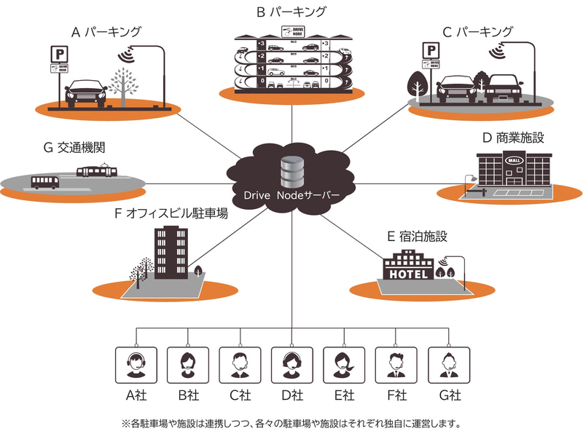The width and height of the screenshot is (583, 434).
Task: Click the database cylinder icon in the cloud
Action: pos(291,173)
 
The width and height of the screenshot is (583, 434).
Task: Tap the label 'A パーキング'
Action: pos(106,32)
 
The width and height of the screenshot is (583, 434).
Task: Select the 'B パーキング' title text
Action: pos(291,12)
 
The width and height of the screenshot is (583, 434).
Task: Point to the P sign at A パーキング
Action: pos(55,52)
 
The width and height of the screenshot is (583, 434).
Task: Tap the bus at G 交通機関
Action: pos(45,182)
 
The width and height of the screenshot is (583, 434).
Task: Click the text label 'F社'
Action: pos(396,396)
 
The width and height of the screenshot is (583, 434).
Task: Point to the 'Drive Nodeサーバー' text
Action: pos(291,198)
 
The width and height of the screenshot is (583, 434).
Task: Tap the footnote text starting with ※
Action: pos(291,422)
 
